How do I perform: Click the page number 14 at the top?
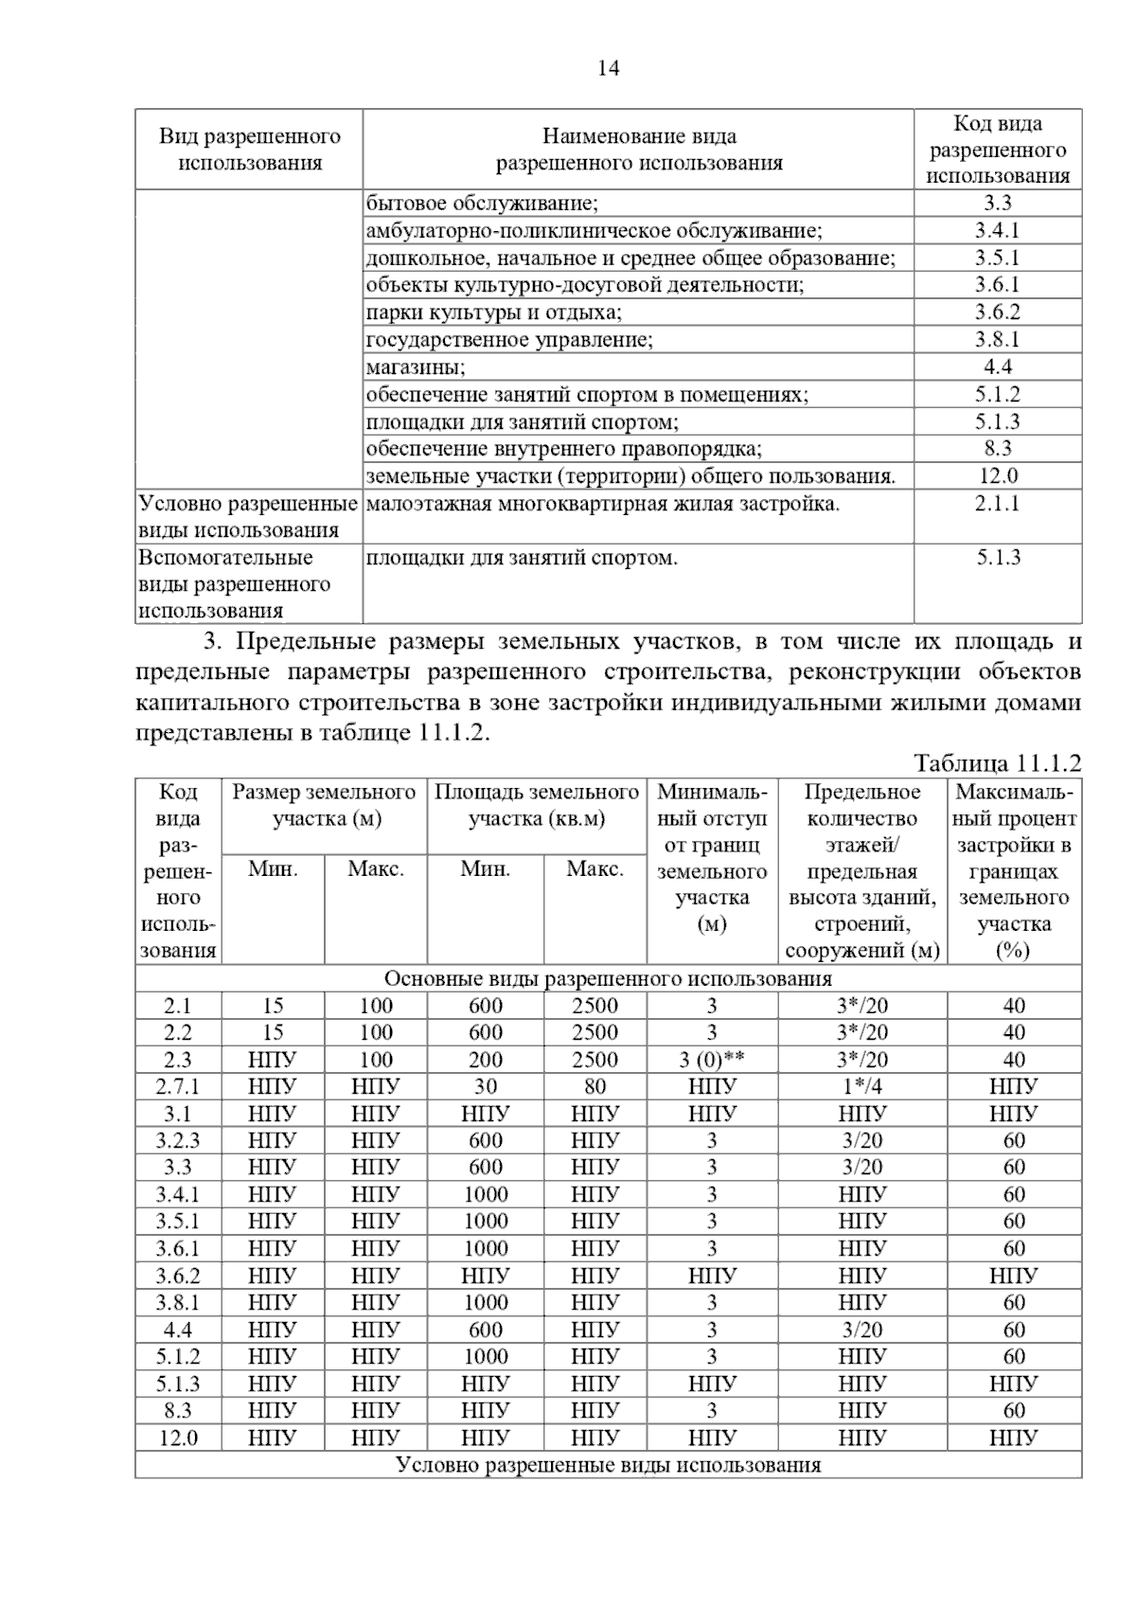pos(609,68)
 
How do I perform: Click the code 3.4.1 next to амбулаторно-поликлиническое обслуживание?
pos(997,230)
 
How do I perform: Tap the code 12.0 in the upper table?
pos(998,475)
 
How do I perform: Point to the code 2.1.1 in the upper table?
pos(998,503)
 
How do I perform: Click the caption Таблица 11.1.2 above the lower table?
pos(997,763)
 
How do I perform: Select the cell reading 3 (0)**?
pos(712,1060)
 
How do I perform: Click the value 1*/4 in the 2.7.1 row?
pos(861,1086)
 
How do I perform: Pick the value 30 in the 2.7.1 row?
pos(485,1086)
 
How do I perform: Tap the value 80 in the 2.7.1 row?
pos(595,1086)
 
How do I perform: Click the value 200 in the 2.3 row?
pos(485,1060)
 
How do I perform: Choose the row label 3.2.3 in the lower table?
pos(178,1140)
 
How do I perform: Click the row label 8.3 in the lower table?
pos(178,1410)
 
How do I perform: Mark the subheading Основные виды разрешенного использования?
pos(608,978)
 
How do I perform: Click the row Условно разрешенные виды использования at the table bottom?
pos(608,1465)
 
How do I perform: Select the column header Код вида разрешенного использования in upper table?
pos(998,150)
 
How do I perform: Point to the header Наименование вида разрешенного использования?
pos(639,150)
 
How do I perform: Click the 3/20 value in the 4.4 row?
pos(861,1330)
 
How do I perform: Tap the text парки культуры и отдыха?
pos(493,312)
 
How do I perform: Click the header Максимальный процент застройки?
pos(1014,870)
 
